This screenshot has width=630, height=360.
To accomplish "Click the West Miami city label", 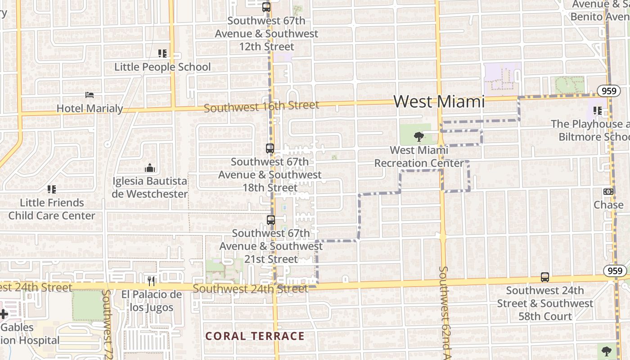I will (x=439, y=102).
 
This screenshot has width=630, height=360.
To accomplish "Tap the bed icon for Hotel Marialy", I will (x=90, y=95).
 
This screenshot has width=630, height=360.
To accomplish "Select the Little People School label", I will (x=162, y=67).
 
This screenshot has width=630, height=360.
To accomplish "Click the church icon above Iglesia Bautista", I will (x=150, y=168).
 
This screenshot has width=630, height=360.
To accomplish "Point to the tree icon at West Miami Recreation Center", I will (x=419, y=136).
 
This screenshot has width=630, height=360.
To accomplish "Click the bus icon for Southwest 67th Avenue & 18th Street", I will (x=270, y=148).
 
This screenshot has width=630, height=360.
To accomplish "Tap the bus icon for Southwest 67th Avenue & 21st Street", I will (x=270, y=220).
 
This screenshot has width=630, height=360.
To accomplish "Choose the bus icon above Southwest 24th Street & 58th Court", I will (x=545, y=277).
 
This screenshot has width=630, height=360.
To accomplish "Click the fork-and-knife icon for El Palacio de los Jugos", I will (x=151, y=281).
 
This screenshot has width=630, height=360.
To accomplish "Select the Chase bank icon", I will (x=608, y=192).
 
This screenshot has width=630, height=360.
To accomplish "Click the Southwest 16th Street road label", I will (x=261, y=107).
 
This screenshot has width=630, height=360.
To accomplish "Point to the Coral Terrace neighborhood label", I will (x=255, y=336).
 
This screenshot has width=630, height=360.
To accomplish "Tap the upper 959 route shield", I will (x=607, y=91).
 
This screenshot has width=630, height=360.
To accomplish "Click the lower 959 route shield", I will (x=614, y=271).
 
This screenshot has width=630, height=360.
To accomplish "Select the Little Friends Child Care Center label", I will (x=52, y=209).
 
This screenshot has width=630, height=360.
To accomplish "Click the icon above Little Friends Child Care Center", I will (x=52, y=189).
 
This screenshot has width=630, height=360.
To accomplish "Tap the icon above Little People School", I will (x=162, y=54).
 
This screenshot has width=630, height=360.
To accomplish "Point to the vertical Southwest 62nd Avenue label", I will (x=443, y=313).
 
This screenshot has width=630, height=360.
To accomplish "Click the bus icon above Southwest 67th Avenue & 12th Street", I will (x=266, y=7).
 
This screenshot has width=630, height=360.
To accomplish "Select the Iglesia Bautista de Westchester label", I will (x=150, y=188).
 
